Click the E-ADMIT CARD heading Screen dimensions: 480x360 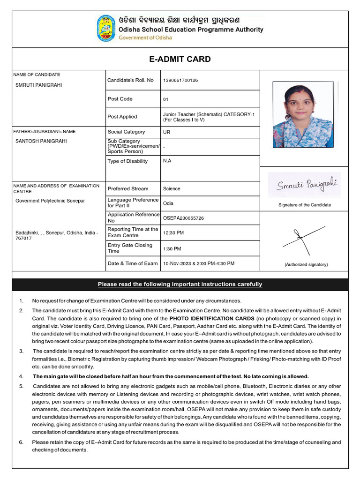pyautogui.click(x=180, y=59)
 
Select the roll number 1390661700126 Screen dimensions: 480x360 pyautogui.click(x=180, y=81)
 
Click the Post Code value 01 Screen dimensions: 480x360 pyautogui.click(x=165, y=99)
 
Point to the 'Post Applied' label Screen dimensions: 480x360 pyautogui.click(x=122, y=117)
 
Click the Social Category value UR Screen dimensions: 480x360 pyautogui.click(x=166, y=132)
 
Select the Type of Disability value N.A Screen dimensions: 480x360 pyautogui.click(x=167, y=161)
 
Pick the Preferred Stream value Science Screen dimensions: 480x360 pyautogui.click(x=172, y=189)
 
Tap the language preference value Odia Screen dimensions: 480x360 pyautogui.click(x=168, y=203)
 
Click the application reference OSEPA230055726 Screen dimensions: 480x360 pyautogui.click(x=183, y=218)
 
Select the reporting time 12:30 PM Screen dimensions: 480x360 pyautogui.click(x=173, y=233)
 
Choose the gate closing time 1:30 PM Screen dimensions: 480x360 pyautogui.click(x=172, y=249)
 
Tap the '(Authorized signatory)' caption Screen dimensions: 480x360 pyautogui.click(x=306, y=265)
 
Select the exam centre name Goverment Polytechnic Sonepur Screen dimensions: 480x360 pyautogui.click(x=50, y=201)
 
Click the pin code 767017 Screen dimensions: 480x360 pyautogui.click(x=24, y=238)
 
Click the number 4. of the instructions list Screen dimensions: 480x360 pyautogui.click(x=21, y=376)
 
